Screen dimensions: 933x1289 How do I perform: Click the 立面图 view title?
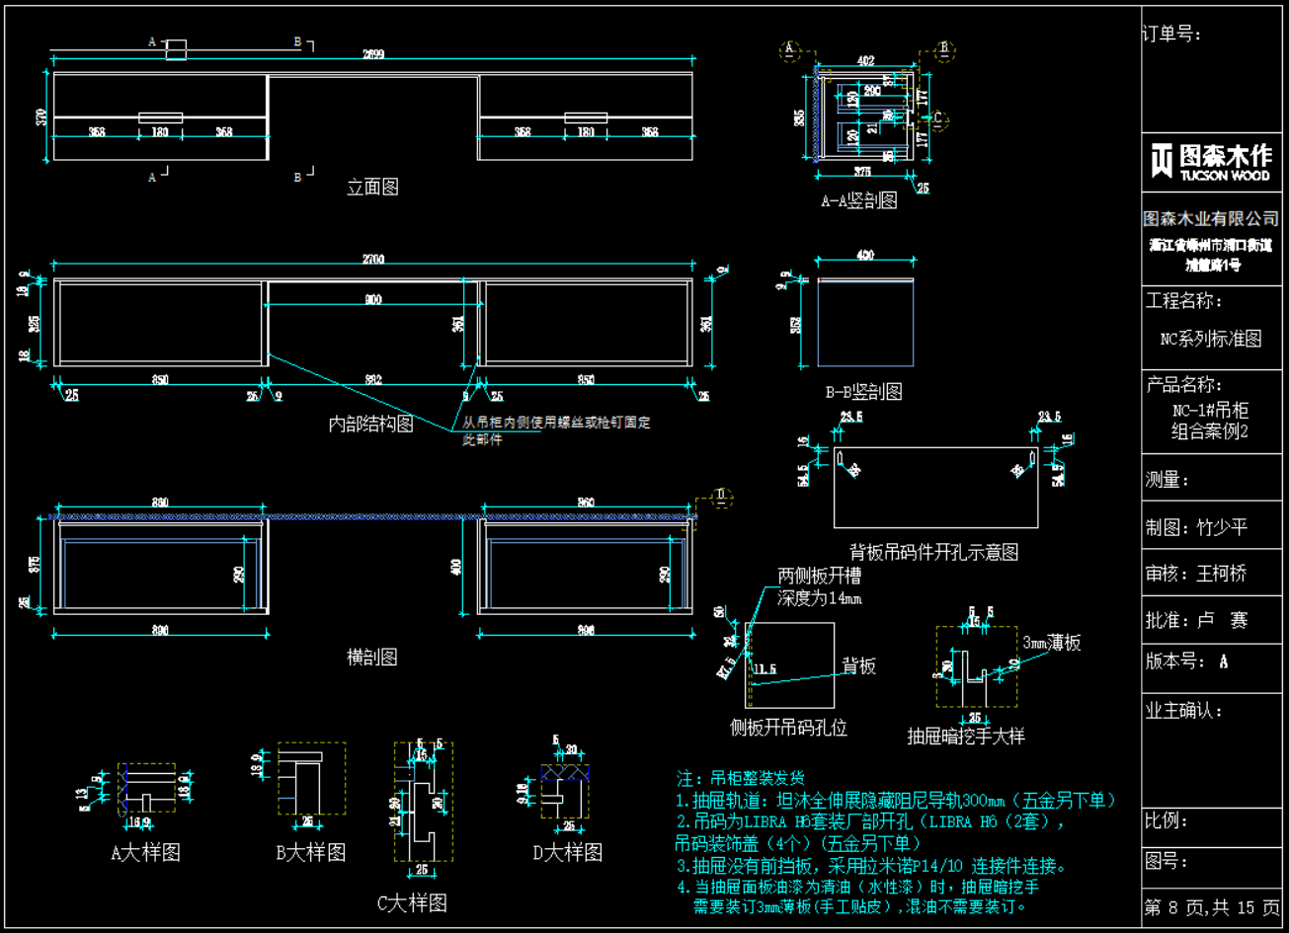[372, 187]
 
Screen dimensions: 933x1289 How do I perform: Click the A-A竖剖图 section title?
[858, 201]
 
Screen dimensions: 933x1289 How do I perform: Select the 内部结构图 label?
[370, 425]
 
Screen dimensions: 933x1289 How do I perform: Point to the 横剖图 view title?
[372, 657]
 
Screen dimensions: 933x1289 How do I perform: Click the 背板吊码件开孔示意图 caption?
[933, 552]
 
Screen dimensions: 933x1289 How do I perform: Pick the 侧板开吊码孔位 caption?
[787, 729]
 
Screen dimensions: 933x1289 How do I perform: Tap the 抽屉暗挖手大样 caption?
[966, 737]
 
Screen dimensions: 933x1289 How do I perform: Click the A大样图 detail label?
[145, 852]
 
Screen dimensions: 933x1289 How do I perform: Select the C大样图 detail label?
[412, 902]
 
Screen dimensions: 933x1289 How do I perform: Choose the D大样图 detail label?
[567, 852]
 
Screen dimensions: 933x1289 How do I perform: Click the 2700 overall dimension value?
[373, 260]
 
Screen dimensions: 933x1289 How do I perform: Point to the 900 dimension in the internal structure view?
[372, 300]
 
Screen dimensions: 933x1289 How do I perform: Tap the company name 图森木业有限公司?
[1211, 218]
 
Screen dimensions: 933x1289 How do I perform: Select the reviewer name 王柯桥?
[1215, 574]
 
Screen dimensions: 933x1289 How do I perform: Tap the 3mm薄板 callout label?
[1051, 643]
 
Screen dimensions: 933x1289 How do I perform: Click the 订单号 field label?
[1171, 35]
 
